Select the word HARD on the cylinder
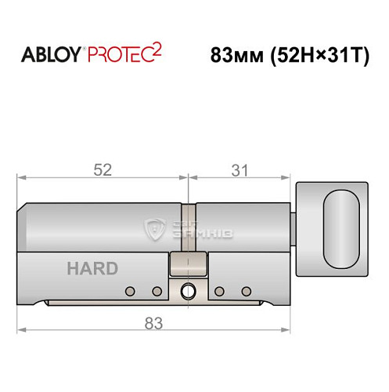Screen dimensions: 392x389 (92, 269)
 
